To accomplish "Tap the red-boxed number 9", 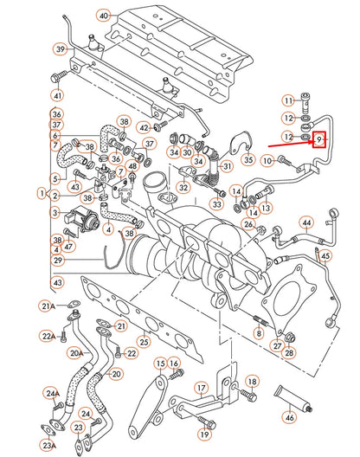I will pos(319,138).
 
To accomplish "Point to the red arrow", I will pos(291,142).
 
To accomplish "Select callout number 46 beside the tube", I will pos(289,418).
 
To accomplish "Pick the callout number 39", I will pos(60,50).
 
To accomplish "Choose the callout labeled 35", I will pos(248,159).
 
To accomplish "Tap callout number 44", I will pos(305,222).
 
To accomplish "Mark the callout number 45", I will pos(325,255).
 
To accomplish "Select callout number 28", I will pos(288,353).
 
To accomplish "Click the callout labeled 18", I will pos(252,381).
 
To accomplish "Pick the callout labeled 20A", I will pos(76,353).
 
